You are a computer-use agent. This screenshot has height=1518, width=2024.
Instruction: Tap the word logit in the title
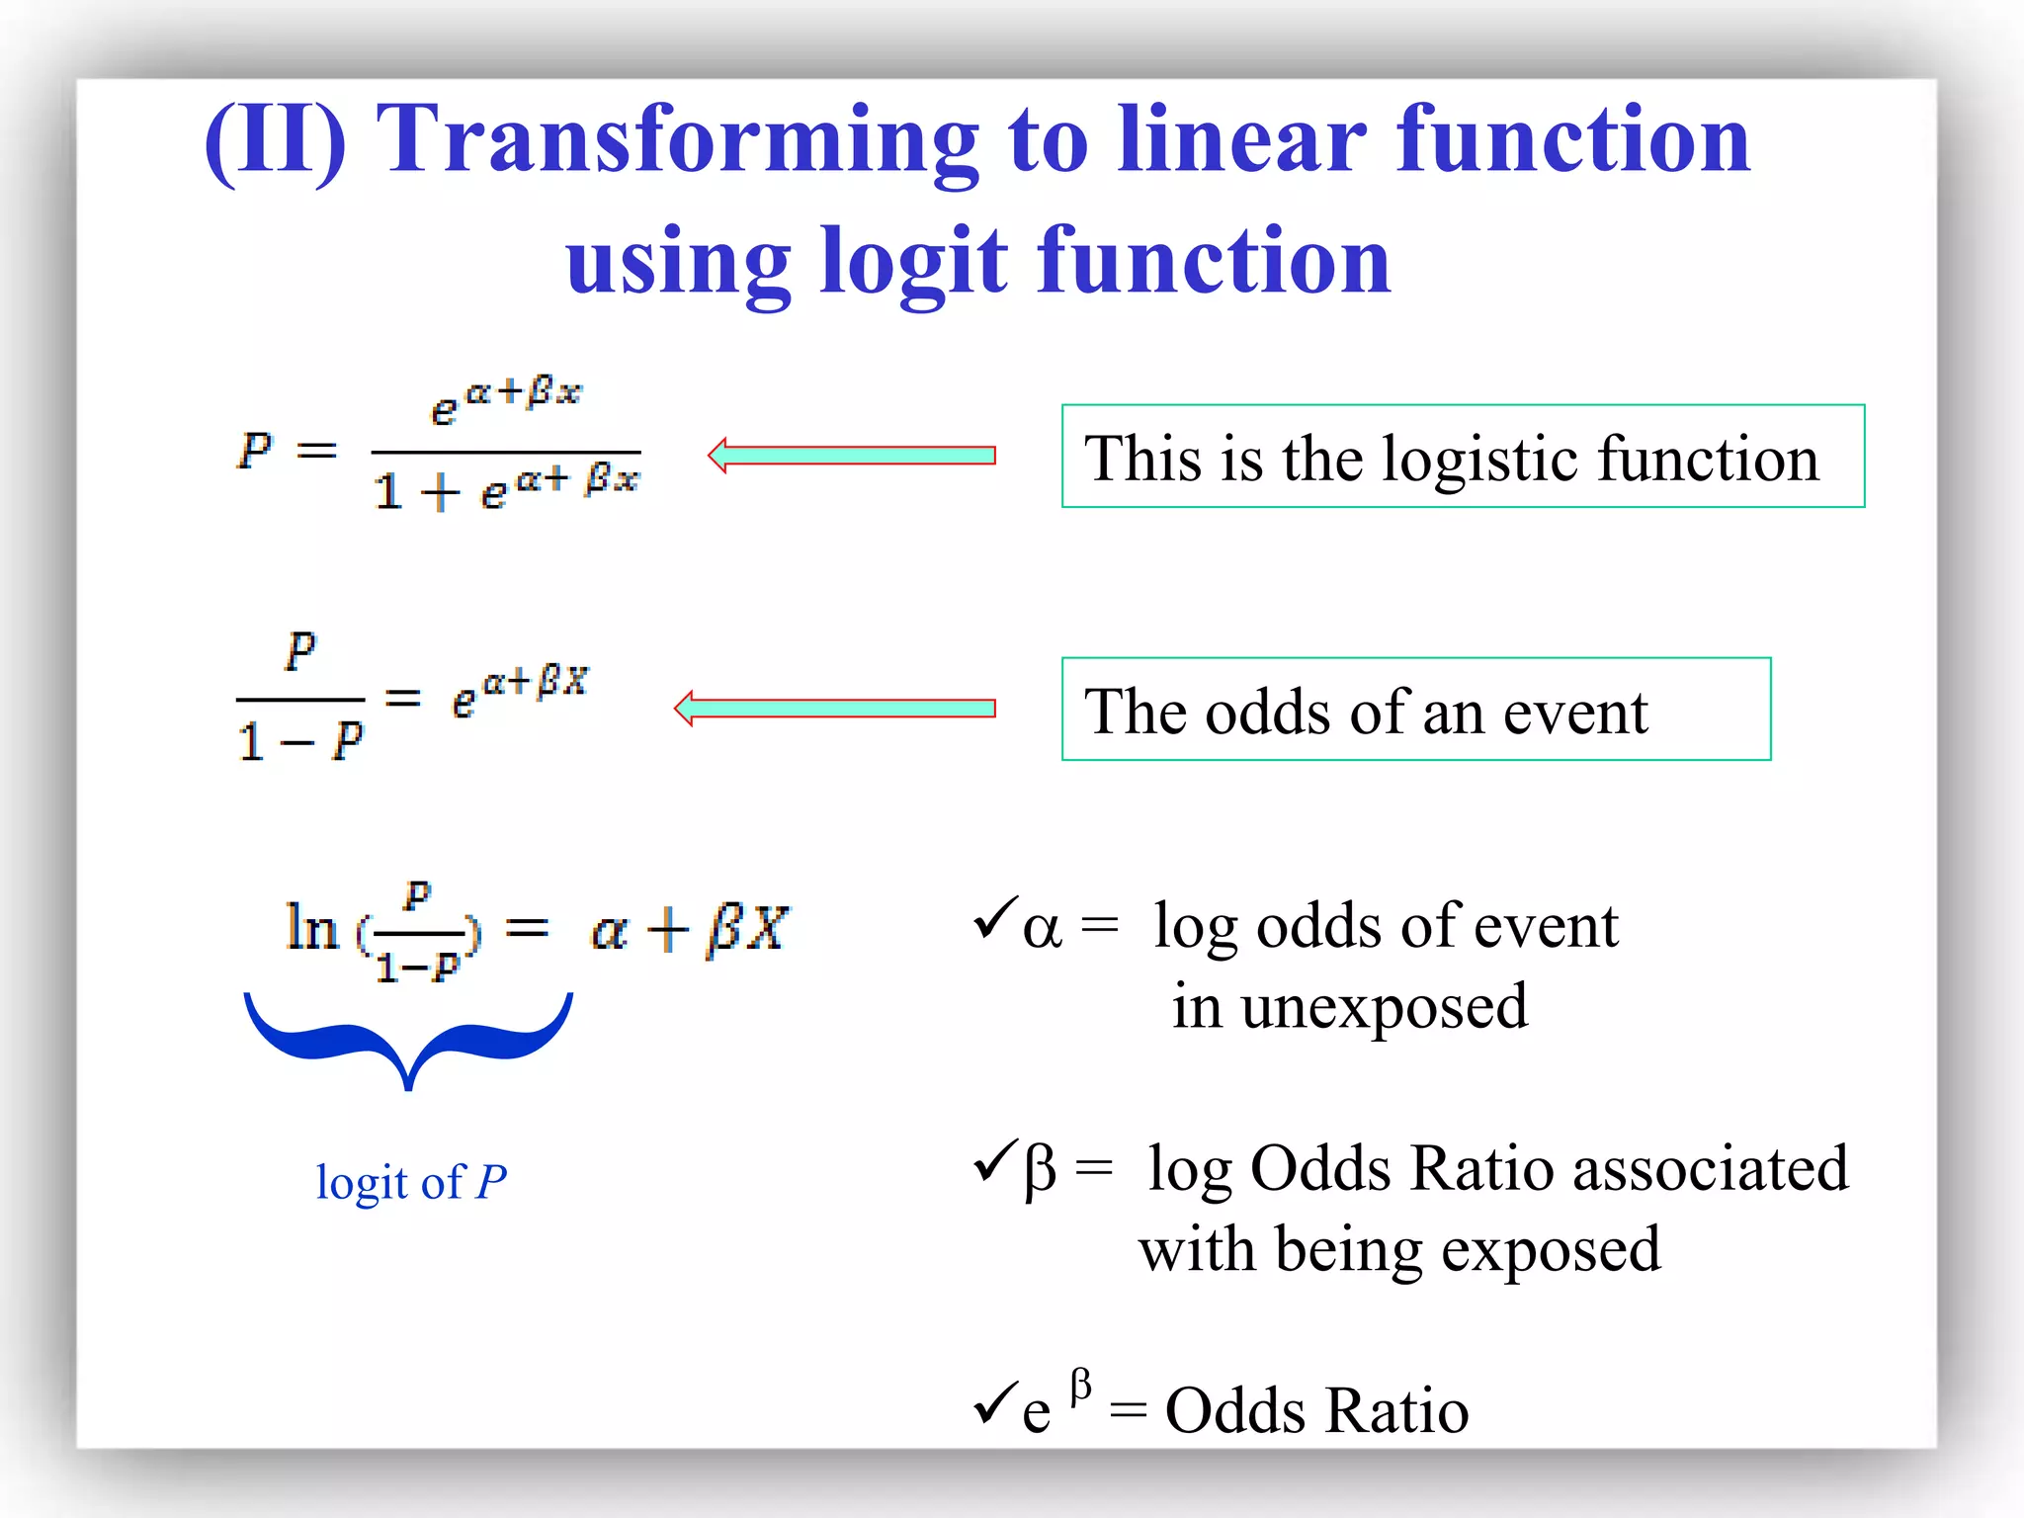tap(914, 262)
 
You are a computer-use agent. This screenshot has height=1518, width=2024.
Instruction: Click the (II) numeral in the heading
tap(276, 140)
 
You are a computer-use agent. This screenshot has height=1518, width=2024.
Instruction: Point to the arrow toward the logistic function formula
tap(851, 456)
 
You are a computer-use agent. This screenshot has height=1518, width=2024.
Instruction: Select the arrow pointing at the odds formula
tap(834, 709)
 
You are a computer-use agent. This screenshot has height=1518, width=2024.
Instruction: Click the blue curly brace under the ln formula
tap(408, 1038)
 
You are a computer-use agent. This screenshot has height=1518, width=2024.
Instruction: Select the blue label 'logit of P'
tap(411, 1182)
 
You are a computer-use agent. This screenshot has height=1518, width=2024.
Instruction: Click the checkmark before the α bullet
tap(995, 917)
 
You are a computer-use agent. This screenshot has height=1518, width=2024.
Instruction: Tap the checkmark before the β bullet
tap(995, 1160)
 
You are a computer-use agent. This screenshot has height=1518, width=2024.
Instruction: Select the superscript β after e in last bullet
tap(1081, 1386)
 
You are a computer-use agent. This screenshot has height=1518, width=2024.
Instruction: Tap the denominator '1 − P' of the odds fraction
tap(300, 741)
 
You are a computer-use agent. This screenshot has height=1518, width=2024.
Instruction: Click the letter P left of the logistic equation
tap(255, 450)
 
